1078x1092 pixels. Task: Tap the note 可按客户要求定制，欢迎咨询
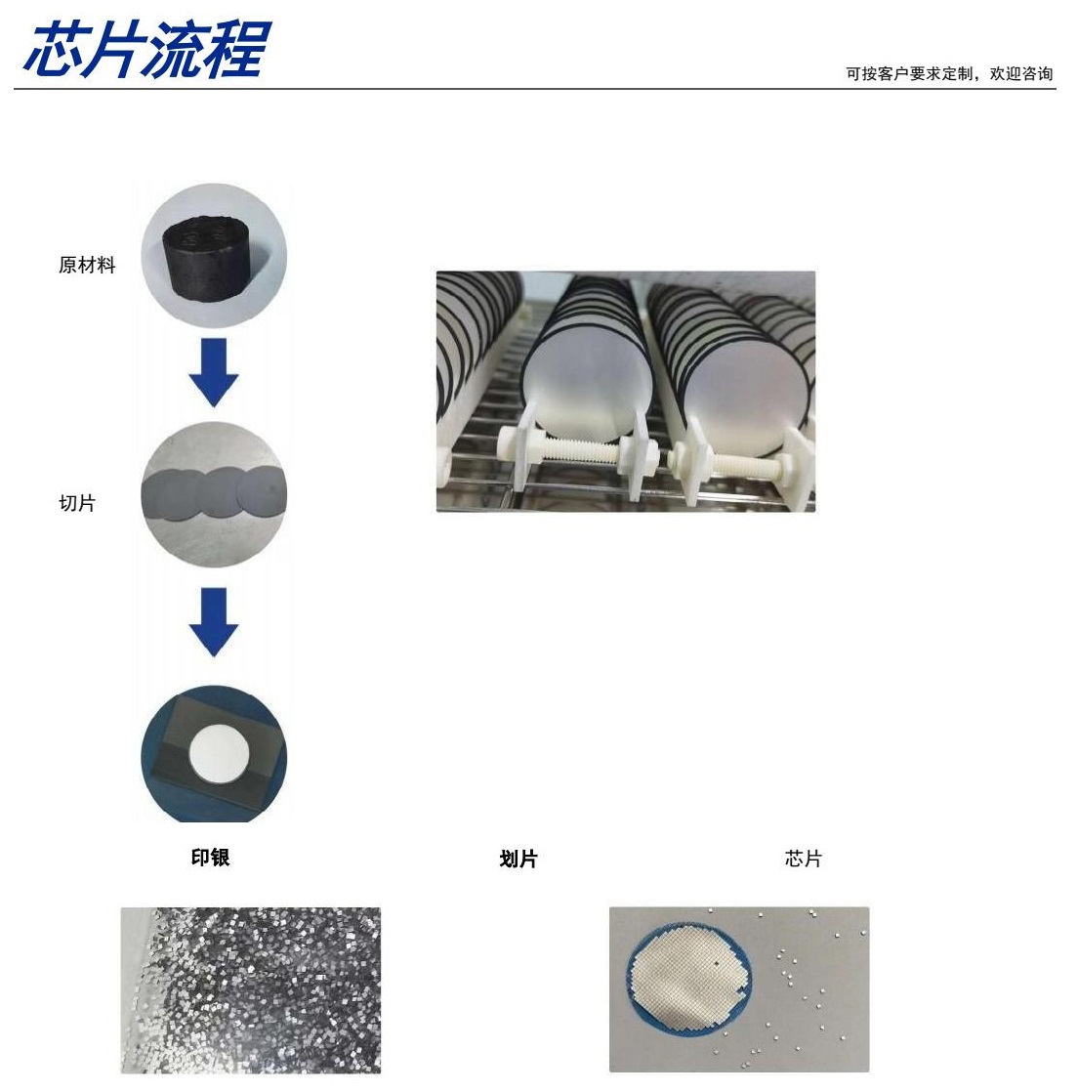[x=948, y=74]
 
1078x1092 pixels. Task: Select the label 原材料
[x=87, y=265]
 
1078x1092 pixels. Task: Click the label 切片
[x=77, y=503]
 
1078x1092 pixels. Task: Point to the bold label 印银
[x=210, y=858]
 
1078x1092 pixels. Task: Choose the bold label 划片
[x=518, y=859]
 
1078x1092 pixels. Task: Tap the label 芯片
[x=803, y=858]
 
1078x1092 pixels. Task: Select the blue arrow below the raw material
[x=214, y=372]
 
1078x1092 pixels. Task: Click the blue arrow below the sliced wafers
[x=214, y=622]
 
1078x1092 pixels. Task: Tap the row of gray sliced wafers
[x=214, y=493]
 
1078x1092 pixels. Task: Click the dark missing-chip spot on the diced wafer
[x=716, y=964]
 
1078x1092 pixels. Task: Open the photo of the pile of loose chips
[x=251, y=989]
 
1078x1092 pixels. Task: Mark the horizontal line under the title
[x=535, y=89]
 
